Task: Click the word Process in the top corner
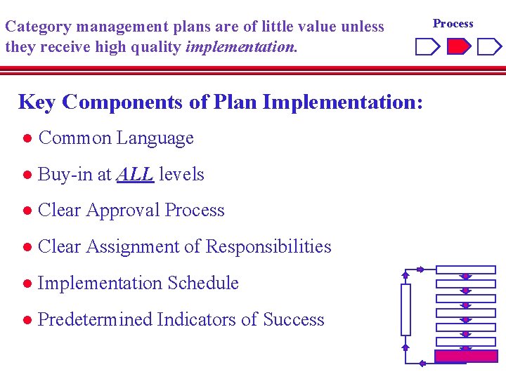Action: point(453,23)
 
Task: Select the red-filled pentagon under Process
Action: point(459,47)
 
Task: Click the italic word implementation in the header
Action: point(240,48)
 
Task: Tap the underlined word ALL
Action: point(135,174)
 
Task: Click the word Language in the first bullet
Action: point(155,138)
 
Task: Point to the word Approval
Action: point(123,210)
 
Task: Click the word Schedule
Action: point(204,283)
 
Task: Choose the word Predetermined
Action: point(95,319)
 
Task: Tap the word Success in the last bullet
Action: point(293,319)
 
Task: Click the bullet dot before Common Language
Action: point(26,138)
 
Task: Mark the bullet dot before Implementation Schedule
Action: point(26,284)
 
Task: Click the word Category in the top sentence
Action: point(37,27)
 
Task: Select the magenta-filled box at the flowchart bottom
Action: point(465,356)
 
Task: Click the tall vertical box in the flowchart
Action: point(406,310)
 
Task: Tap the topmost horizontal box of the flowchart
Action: point(465,270)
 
